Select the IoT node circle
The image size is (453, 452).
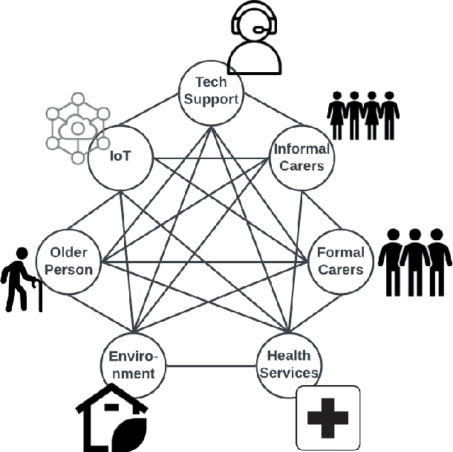pyautogui.click(x=120, y=157)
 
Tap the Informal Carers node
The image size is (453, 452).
pyautogui.click(x=302, y=157)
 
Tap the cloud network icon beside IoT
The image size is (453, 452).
pyautogui.click(x=77, y=128)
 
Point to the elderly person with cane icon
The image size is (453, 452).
pyautogui.click(x=20, y=279)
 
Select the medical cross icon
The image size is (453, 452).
pyautogui.click(x=327, y=417)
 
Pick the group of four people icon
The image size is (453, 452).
pyautogui.click(x=363, y=115)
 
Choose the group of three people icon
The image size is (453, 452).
pyautogui.click(x=414, y=260)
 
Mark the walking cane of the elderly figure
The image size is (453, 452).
pyautogui.click(x=39, y=297)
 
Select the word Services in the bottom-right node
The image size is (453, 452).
pyautogui.click(x=289, y=372)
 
